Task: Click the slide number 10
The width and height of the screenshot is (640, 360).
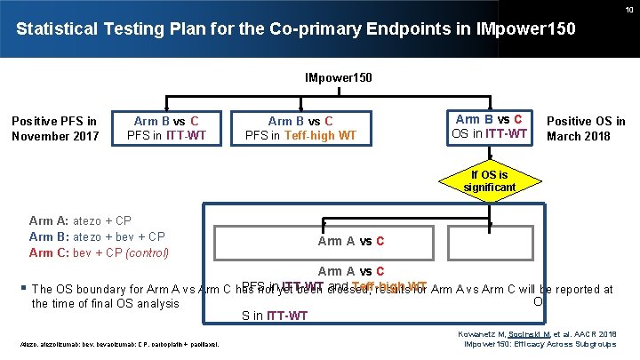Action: coord(628,9)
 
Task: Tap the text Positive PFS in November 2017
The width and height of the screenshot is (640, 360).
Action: coord(54,128)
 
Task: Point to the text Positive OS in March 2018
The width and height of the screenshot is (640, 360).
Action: coord(585,128)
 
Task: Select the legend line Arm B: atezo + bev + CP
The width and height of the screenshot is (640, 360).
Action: coord(96,236)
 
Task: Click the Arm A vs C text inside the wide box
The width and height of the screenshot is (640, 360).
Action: coord(350,241)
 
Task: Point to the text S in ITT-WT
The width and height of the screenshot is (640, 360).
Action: coord(275,315)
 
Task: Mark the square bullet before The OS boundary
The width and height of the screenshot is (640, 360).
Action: coord(22,288)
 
